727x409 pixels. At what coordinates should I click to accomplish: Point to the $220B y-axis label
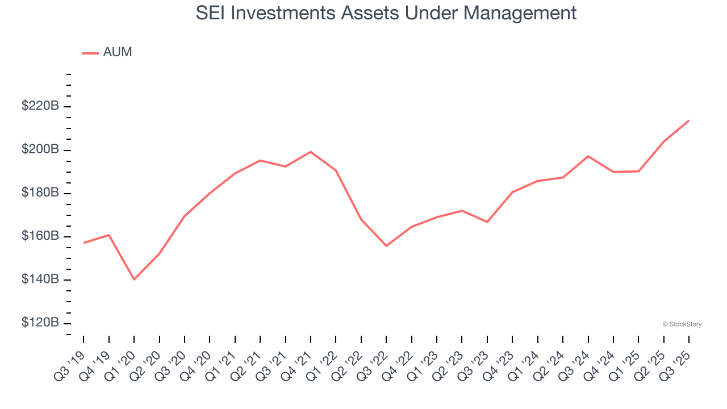click(40, 106)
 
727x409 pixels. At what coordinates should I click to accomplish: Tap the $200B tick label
click(40, 149)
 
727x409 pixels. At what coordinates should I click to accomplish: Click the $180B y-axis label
click(40, 193)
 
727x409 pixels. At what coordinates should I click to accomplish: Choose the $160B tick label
click(40, 236)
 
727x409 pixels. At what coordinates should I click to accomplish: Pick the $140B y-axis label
click(40, 279)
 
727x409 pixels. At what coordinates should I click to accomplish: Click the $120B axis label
click(40, 323)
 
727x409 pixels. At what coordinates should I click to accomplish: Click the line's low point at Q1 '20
click(134, 279)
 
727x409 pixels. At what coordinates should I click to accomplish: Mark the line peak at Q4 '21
click(311, 152)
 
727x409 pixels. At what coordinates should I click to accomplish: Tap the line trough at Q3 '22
click(386, 246)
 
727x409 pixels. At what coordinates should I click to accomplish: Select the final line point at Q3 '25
click(689, 120)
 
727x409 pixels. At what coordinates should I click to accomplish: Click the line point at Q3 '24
click(588, 156)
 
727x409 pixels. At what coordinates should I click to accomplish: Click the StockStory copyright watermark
click(682, 324)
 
